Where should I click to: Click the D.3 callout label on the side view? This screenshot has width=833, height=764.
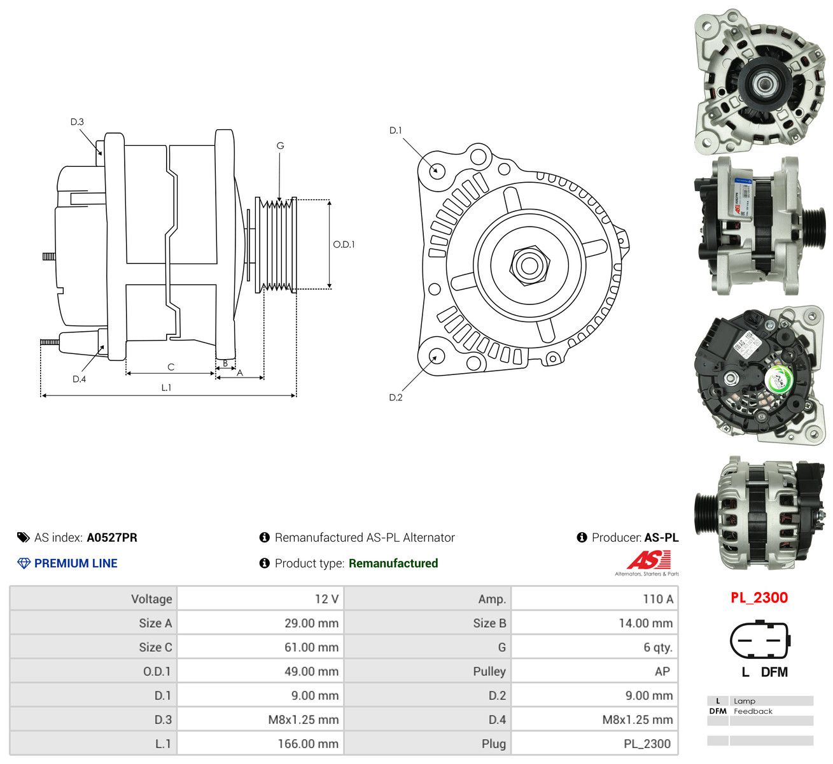[x=77, y=122]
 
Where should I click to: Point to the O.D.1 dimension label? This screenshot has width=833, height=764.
[x=344, y=244]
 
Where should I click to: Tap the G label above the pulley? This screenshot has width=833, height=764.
[x=280, y=146]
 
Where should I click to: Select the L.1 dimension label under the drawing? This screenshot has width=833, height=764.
[x=166, y=388]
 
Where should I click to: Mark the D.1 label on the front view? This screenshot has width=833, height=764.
[x=395, y=131]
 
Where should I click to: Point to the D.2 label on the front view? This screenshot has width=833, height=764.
[x=395, y=397]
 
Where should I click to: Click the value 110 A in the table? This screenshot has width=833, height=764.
[x=658, y=599]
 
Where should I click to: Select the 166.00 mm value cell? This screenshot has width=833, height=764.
[x=308, y=744]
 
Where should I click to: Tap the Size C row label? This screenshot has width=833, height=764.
[x=155, y=647]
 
